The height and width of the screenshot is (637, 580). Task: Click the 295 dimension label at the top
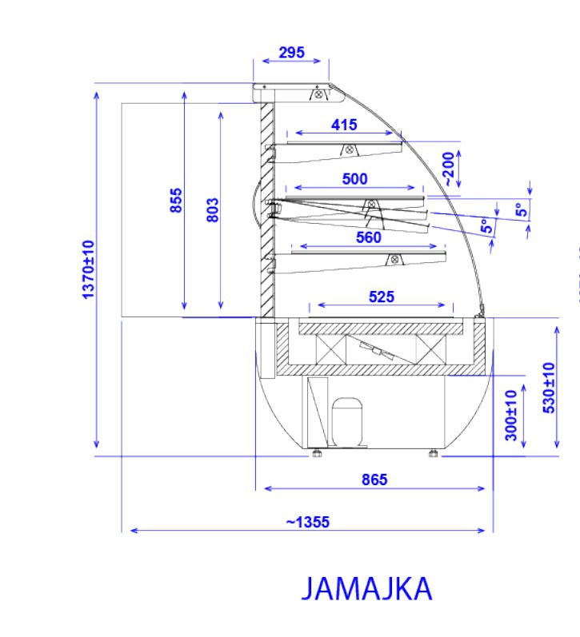pyautogui.click(x=291, y=53)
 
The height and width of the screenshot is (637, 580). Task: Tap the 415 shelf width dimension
pyautogui.click(x=344, y=125)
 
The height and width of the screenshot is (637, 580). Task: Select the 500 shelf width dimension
pyautogui.click(x=354, y=179)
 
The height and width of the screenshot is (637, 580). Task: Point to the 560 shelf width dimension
pyautogui.click(x=369, y=237)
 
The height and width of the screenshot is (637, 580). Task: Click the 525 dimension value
pyautogui.click(x=382, y=297)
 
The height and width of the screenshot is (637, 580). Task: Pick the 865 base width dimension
pyautogui.click(x=374, y=480)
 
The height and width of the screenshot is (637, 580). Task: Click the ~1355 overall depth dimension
pyautogui.click(x=307, y=522)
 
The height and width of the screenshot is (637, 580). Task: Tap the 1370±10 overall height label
pyautogui.click(x=88, y=270)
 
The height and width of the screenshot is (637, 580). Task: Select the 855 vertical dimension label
pyautogui.click(x=176, y=200)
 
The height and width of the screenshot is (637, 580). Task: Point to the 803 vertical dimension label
pyautogui.click(x=213, y=210)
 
